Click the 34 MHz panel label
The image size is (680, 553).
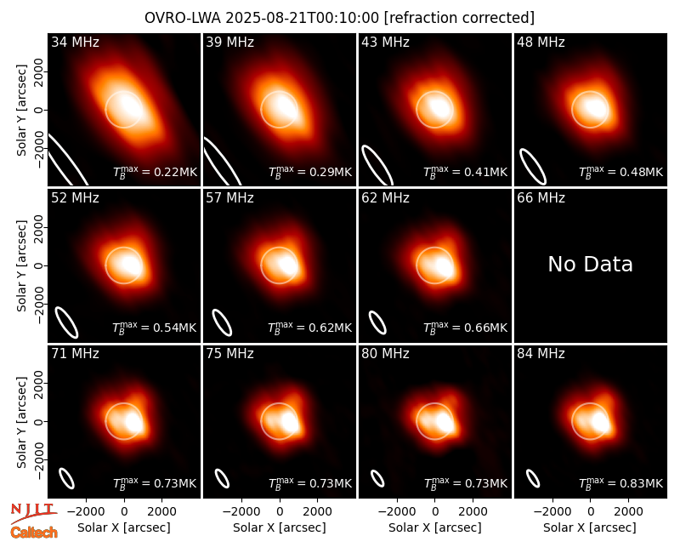point(75,42)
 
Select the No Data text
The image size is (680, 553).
point(590,264)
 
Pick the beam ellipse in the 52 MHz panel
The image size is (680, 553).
point(66,322)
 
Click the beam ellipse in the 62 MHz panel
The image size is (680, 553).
point(377,322)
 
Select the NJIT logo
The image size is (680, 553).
point(33,512)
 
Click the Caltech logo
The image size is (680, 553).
point(34,533)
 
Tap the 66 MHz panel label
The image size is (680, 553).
point(541,198)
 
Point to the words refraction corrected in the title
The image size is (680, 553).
point(460,18)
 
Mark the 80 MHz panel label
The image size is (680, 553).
point(385,354)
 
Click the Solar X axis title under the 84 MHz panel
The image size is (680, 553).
point(590,527)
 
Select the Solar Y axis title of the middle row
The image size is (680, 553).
point(22,265)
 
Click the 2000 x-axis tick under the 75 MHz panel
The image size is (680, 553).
point(317,512)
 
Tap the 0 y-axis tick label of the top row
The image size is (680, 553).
point(39,110)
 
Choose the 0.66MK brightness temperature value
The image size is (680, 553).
point(485,328)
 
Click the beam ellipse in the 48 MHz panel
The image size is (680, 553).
point(533,167)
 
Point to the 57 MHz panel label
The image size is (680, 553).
point(229,198)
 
